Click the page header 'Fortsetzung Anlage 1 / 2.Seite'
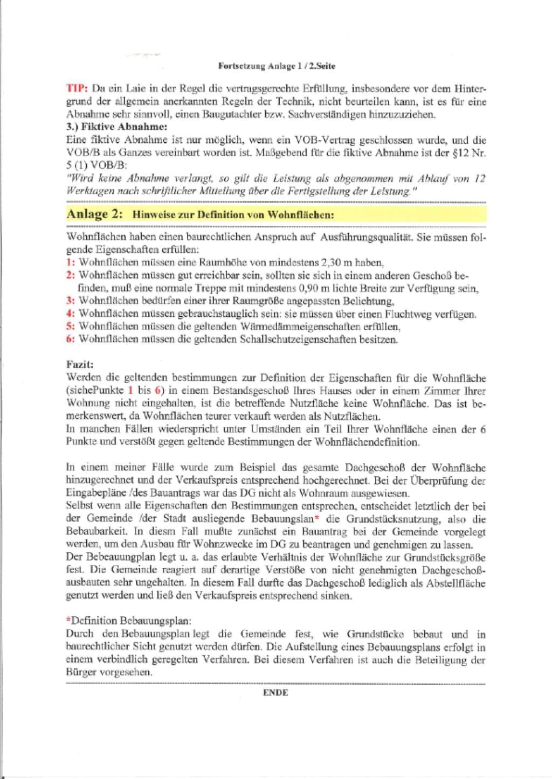pos(277,66)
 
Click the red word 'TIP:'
pos(77,89)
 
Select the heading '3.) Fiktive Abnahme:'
pos(116,127)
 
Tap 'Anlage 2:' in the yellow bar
pos(94,214)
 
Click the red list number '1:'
pos(71,263)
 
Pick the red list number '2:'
pos(71,275)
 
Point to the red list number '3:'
pos(71,301)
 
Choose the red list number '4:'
pos(71,314)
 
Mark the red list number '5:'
pos(71,326)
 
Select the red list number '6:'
pos(71,339)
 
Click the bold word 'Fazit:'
pos(80,365)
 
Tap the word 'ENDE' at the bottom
pos(275,693)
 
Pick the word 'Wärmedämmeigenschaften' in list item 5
pos(301,326)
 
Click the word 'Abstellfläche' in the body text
pos(454,583)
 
